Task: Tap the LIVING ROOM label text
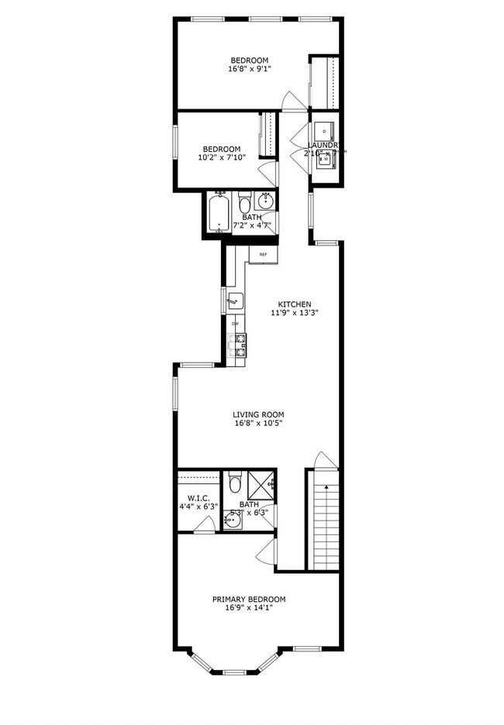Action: click(x=258, y=414)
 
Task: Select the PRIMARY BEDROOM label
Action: click(x=249, y=599)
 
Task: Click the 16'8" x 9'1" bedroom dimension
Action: click(x=249, y=69)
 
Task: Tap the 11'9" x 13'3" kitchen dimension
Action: click(x=295, y=313)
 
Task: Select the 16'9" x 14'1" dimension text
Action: click(x=249, y=608)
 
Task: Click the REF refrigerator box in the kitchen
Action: click(x=264, y=254)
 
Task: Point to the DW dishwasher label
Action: click(x=235, y=323)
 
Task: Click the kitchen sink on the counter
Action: click(x=235, y=300)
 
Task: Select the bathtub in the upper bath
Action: click(x=219, y=211)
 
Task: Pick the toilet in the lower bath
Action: click(x=236, y=483)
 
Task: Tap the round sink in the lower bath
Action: click(x=233, y=520)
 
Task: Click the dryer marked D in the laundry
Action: click(x=325, y=130)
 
